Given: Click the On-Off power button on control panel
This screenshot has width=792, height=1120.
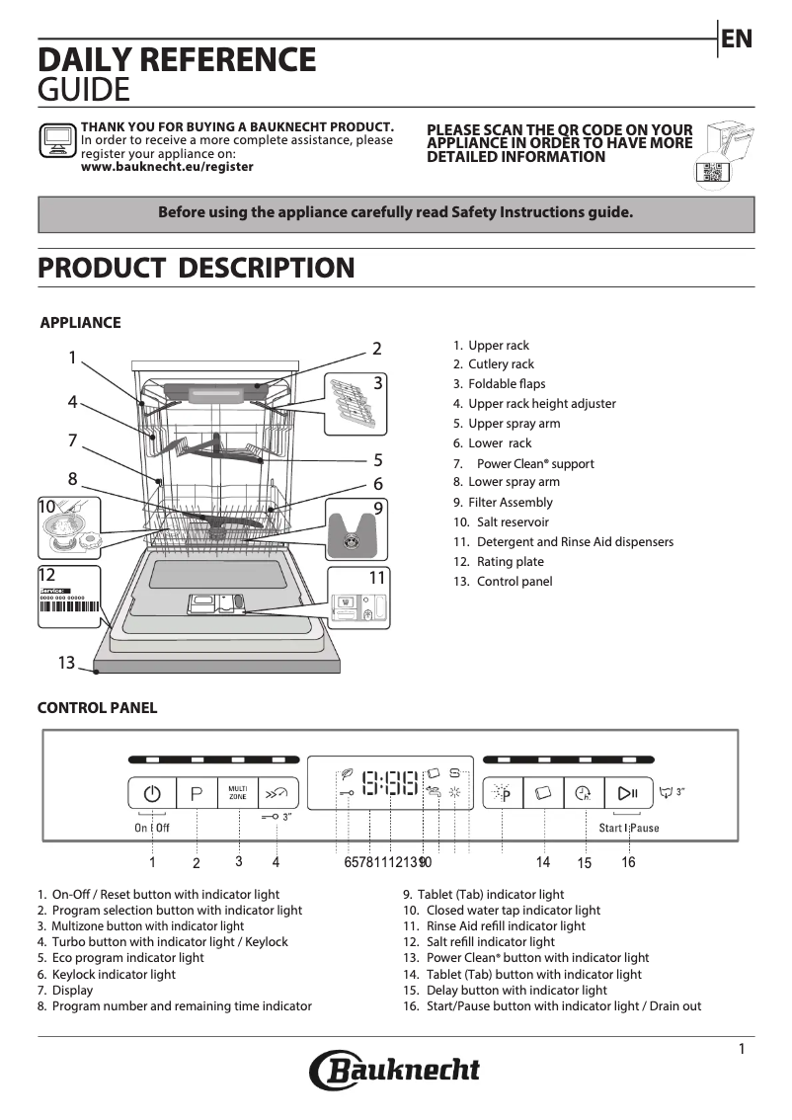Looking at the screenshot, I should [x=152, y=793].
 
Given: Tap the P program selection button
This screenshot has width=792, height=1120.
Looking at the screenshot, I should [x=197, y=793].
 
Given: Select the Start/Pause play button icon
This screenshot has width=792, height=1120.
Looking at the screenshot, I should [x=628, y=793].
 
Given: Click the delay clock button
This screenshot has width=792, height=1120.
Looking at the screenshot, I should [x=585, y=793].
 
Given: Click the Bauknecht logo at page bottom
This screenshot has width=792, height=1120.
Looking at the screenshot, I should [x=395, y=1071].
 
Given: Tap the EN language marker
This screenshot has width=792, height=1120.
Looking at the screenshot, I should [x=737, y=39].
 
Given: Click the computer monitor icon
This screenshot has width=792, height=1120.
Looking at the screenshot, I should [x=57, y=141].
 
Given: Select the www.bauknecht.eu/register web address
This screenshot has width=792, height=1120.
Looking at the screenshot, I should [x=167, y=167].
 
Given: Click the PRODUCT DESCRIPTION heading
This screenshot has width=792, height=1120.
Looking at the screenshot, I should [x=196, y=268].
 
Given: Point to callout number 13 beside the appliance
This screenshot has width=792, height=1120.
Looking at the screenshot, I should [x=66, y=663].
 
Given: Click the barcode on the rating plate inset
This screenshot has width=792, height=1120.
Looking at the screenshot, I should [x=69, y=608].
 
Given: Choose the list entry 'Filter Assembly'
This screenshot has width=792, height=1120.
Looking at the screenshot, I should [x=510, y=503].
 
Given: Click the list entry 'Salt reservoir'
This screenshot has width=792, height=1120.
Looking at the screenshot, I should [x=508, y=522].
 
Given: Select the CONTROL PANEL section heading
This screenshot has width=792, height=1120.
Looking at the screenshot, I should [x=97, y=708].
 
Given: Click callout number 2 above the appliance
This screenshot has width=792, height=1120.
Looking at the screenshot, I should [x=376, y=348].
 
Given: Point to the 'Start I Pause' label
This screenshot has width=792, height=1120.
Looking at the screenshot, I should [x=629, y=828].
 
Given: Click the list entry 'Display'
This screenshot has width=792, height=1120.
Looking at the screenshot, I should [x=72, y=990].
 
